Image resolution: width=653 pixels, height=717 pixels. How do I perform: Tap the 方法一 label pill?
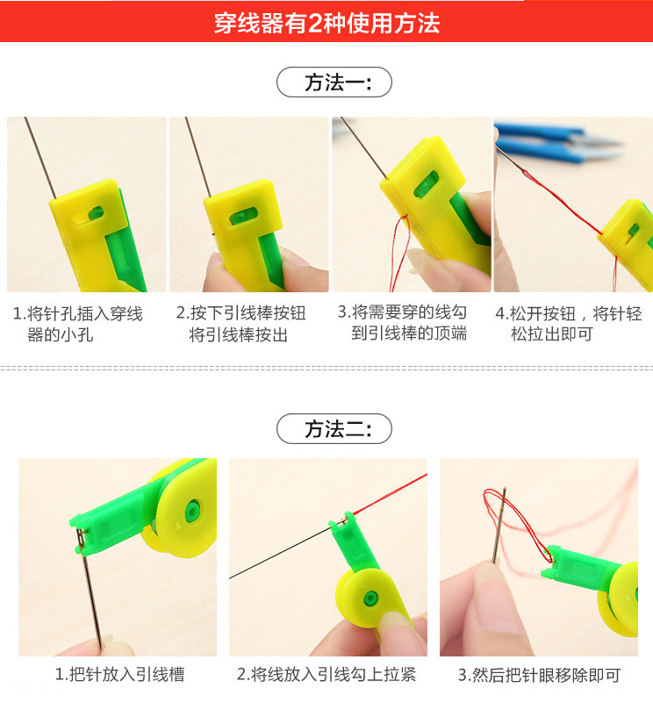pyautogui.click(x=334, y=82)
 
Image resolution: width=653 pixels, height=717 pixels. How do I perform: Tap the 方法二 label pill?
pyautogui.click(x=334, y=429)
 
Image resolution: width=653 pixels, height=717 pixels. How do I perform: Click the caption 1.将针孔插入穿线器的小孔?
pyautogui.click(x=78, y=324)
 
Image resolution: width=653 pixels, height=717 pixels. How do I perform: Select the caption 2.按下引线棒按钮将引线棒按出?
pyautogui.click(x=240, y=324)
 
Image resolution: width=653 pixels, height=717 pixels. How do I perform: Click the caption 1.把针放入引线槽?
pyautogui.click(x=119, y=675)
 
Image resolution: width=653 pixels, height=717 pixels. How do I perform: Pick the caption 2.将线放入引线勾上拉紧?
pyautogui.click(x=326, y=675)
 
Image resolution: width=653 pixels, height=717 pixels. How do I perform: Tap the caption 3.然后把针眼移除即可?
pyautogui.click(x=539, y=675)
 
